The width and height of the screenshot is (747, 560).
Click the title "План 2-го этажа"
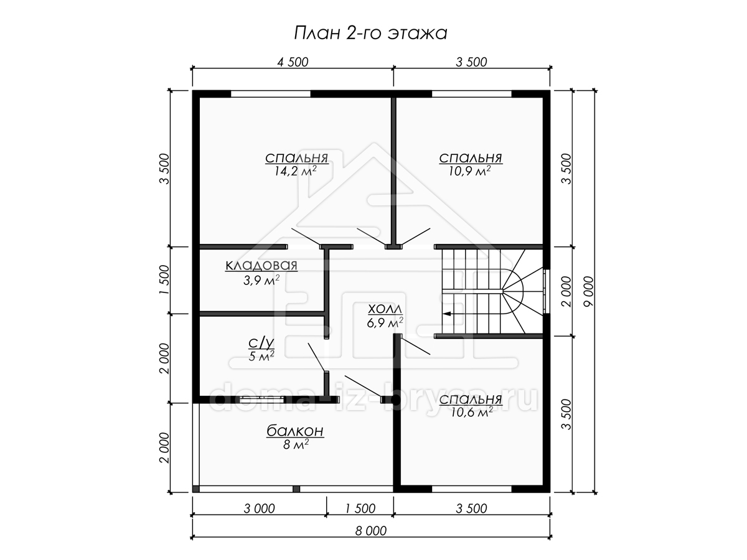[x=370, y=34]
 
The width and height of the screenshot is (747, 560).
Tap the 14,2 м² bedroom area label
[x=296, y=171]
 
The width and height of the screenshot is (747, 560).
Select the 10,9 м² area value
[x=469, y=171]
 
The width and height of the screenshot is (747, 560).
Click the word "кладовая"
[x=261, y=265]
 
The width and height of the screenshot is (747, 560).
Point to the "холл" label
[x=385, y=309]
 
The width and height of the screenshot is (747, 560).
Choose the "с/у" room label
[x=261, y=343]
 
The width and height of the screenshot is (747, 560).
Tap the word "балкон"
[x=295, y=431]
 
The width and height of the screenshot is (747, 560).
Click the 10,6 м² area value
[x=472, y=413]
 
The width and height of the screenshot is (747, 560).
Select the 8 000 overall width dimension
[x=371, y=531]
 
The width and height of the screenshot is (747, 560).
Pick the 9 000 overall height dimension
[x=588, y=291]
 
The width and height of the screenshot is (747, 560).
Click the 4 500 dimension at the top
[x=293, y=62]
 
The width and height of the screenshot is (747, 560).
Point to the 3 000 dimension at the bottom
[x=260, y=508]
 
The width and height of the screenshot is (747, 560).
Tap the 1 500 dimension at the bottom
[x=360, y=508]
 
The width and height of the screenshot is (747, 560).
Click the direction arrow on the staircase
[x=446, y=314]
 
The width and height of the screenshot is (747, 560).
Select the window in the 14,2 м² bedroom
[x=271, y=94]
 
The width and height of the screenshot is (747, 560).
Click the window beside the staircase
[x=546, y=291]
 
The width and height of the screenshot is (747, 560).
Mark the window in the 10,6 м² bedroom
[x=472, y=489]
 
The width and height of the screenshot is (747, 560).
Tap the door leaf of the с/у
[x=316, y=357]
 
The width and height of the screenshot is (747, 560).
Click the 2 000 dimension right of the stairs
[x=566, y=291]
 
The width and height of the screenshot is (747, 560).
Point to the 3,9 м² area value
[x=261, y=281]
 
